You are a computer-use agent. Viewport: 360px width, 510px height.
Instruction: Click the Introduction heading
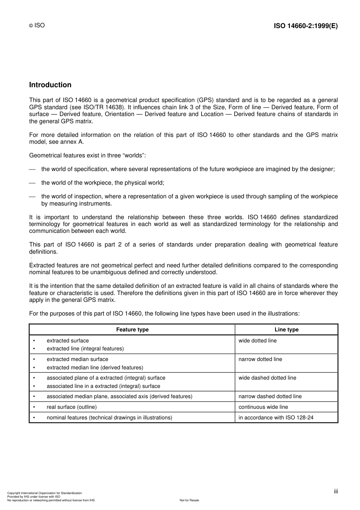pos(50,85)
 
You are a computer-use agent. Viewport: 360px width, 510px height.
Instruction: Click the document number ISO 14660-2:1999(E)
pos(305,26)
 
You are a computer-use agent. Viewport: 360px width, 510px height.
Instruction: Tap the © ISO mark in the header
pos(37,25)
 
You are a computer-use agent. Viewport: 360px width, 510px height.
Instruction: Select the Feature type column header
pos(132,330)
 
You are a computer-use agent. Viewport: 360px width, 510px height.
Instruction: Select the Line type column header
pos(286,330)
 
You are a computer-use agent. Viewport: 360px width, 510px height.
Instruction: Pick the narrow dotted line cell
pos(260,359)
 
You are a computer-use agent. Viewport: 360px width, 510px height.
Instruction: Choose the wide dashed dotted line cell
pos(267,378)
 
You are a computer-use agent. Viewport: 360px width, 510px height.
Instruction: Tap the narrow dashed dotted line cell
pos(270,396)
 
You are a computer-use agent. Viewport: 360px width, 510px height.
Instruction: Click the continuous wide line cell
pos(263,407)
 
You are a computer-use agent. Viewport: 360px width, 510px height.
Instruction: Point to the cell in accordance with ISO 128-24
pos(276,417)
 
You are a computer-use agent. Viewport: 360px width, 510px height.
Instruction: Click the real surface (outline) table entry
pos(72,407)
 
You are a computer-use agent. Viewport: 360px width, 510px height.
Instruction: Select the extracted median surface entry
pos(77,359)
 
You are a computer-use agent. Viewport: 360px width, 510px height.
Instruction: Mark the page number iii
pos(336,491)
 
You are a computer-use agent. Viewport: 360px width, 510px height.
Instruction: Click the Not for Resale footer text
pos(189,500)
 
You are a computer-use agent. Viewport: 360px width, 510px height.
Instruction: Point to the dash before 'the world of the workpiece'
pos(32,183)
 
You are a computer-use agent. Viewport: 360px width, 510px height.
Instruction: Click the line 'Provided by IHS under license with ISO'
pos(34,497)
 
